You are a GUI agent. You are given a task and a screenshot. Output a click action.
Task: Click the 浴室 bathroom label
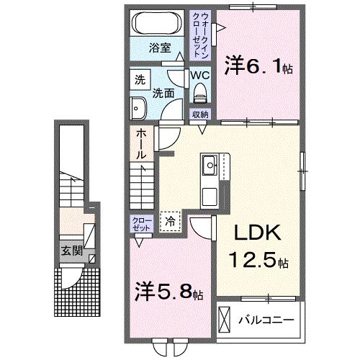tap(160, 48)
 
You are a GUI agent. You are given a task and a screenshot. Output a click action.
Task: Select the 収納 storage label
tap(200, 115)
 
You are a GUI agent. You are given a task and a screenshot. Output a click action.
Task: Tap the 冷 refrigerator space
tap(171, 222)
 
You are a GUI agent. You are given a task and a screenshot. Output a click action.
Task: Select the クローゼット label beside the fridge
tap(141, 223)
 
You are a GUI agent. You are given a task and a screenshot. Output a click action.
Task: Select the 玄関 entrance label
tap(69, 251)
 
